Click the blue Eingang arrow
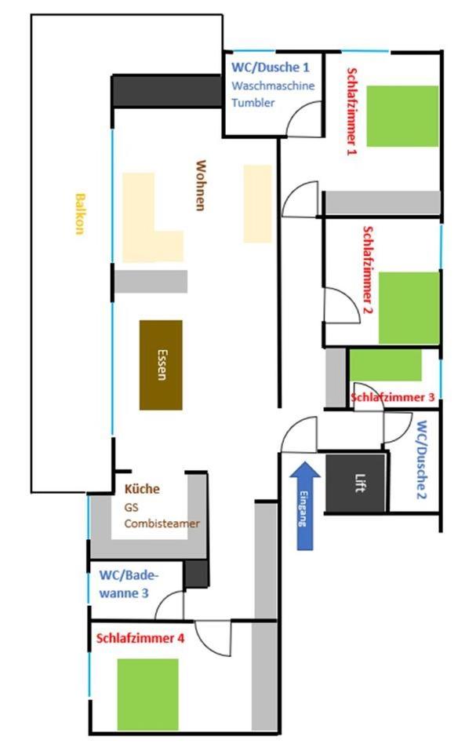[x=305, y=505]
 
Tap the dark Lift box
[x=356, y=483]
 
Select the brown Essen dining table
[x=161, y=365]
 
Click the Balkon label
[x=80, y=213]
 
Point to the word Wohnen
[x=201, y=185]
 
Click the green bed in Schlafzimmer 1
[x=402, y=116]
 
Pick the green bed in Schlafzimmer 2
[x=409, y=308]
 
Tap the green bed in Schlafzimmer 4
[x=147, y=695]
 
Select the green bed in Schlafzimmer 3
[x=386, y=366]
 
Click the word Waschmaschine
[x=273, y=86]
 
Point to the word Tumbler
[x=253, y=103]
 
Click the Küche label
[x=142, y=489]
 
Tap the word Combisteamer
[x=162, y=523]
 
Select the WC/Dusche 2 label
[x=422, y=460]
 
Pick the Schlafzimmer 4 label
[x=140, y=639]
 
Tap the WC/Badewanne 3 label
[x=129, y=584]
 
